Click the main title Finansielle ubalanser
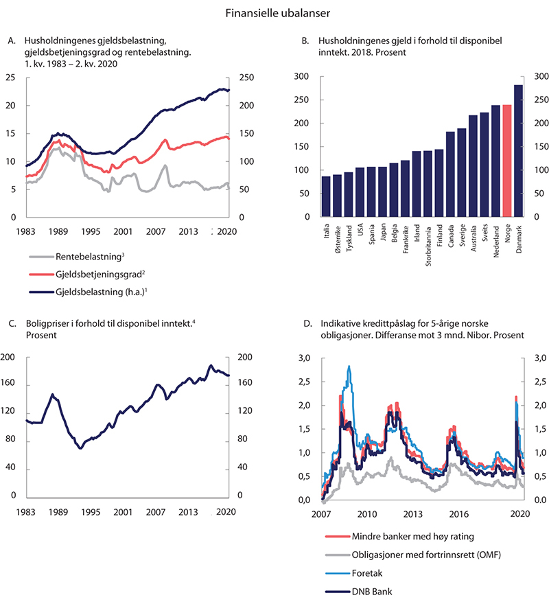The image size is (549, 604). click(x=274, y=12)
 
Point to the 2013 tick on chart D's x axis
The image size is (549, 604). click(x=412, y=513)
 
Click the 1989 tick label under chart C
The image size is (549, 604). click(x=58, y=511)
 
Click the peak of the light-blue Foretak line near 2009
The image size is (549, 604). click(x=349, y=367)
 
